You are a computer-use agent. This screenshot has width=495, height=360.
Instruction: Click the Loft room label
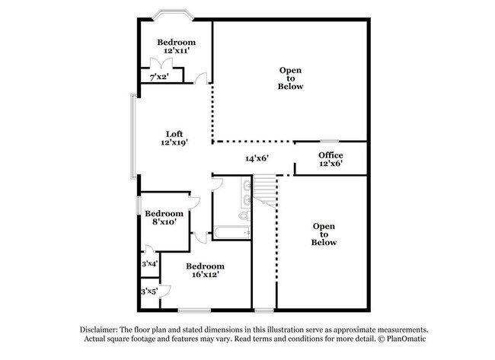pyautogui.click(x=174, y=138)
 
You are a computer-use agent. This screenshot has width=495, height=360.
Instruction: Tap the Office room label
pyautogui.click(x=331, y=159)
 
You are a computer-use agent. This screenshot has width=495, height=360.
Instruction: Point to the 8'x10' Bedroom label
pyautogui.click(x=164, y=218)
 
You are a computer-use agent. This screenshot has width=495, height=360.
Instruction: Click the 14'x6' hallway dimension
pyautogui.click(x=257, y=159)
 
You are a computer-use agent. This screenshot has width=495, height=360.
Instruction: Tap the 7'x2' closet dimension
pyautogui.click(x=158, y=77)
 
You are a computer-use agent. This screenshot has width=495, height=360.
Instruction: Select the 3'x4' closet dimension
pyautogui.click(x=149, y=263)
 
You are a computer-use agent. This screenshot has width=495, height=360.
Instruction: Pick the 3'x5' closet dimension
pyautogui.click(x=148, y=292)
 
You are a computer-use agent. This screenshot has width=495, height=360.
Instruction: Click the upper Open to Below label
pyautogui.click(x=290, y=78)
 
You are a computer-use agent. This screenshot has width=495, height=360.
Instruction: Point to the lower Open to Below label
pyautogui.click(x=324, y=234)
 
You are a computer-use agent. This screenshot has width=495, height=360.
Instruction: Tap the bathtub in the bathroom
pyautogui.click(x=231, y=233)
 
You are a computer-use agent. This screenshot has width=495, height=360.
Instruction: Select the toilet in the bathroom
pyautogui.click(x=244, y=216)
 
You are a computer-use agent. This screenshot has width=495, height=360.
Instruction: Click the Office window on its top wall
pyautogui.click(x=329, y=141)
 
